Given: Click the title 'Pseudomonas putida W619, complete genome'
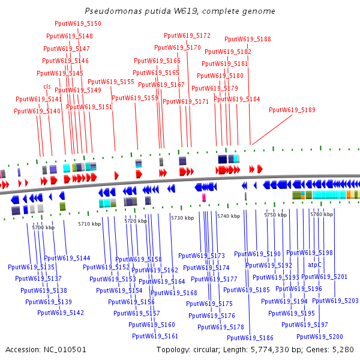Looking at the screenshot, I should click(x=180, y=11).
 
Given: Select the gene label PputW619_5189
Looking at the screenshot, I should click(x=292, y=110).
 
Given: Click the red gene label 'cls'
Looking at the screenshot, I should click(x=47, y=86).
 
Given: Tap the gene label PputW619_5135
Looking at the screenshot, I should click(x=31, y=267).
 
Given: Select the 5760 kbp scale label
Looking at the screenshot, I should click(x=321, y=214).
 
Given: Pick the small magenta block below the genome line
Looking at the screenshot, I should click(x=204, y=197).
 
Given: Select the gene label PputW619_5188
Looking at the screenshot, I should click(x=248, y=39).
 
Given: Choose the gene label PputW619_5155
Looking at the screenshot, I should click(x=111, y=82).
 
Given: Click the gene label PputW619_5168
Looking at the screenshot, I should click(x=174, y=293).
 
